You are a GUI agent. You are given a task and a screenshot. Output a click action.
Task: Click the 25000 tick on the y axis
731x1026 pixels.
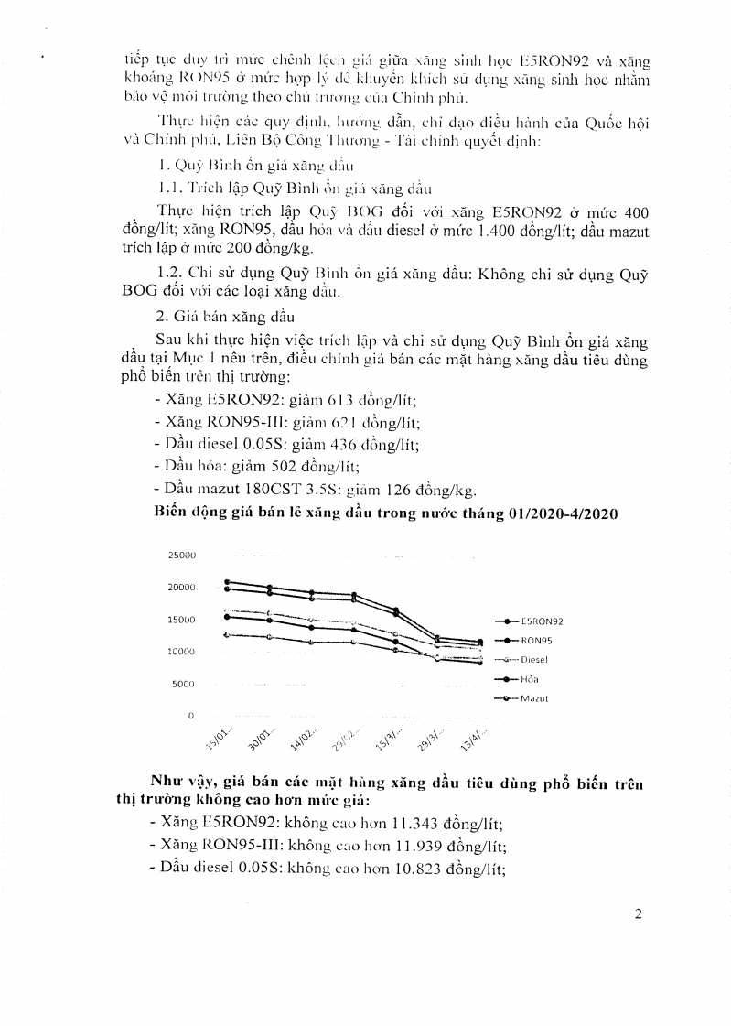pos(183,556)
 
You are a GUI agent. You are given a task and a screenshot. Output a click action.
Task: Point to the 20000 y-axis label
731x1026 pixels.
pos(183,588)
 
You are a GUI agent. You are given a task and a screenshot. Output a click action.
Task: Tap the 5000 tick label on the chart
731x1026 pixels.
pos(186,684)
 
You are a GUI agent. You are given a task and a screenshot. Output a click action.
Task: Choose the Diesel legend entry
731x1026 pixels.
pos(534,659)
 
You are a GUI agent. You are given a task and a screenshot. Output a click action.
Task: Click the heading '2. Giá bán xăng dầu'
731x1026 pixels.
pos(218,317)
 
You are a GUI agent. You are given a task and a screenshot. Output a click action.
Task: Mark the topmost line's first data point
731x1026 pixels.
pos(227,581)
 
